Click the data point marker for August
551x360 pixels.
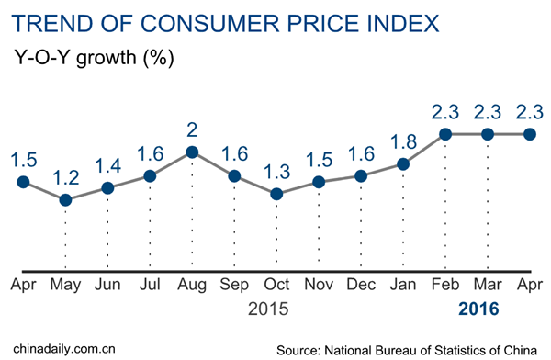click(191, 152)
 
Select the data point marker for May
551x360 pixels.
click(65, 199)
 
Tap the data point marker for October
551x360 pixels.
click(276, 194)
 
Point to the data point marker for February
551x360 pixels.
click(445, 134)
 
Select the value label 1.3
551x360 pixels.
click(276, 169)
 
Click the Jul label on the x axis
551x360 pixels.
click(149, 286)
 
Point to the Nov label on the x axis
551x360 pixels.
click(319, 286)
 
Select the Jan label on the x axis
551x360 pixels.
click(402, 286)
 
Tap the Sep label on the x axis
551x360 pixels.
click(233, 286)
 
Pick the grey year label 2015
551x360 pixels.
click(270, 309)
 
